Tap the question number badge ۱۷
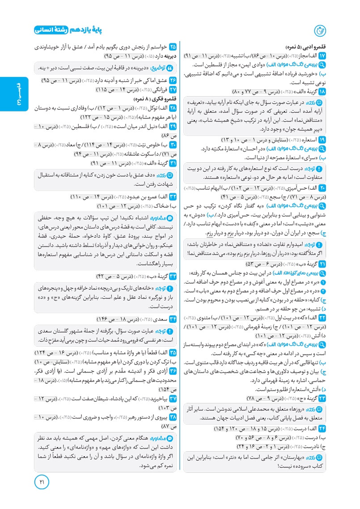322,55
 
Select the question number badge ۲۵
172,47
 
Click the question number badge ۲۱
322,263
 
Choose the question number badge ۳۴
172,318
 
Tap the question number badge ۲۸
172,108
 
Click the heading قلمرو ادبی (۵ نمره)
306,47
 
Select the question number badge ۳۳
172,276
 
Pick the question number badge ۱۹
322,139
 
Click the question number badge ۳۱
172,163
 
